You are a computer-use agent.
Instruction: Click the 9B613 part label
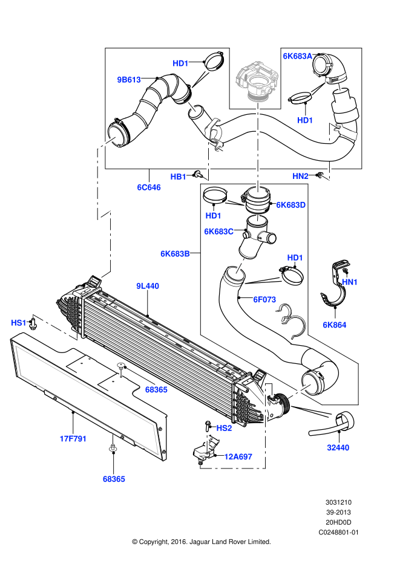coord(129,79)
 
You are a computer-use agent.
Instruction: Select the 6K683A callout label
coord(297,56)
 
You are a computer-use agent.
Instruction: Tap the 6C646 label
coord(148,187)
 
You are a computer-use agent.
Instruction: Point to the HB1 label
coord(179,177)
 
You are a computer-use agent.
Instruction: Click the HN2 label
coord(301,176)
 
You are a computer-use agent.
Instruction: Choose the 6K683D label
coord(290,205)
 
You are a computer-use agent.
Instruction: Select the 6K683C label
coord(218,232)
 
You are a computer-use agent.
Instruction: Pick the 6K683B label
coord(176,254)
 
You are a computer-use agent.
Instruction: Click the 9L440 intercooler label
coord(147,286)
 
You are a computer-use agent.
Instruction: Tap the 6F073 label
coord(264,299)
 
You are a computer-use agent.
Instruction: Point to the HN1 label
coord(350,282)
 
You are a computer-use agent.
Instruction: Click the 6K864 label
coord(334,325)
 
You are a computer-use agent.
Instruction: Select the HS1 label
coord(19,323)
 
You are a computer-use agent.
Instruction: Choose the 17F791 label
coord(73,439)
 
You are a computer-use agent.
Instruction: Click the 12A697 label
coord(238,456)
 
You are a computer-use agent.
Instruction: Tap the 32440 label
coord(338,448)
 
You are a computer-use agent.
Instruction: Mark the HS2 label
coord(224,428)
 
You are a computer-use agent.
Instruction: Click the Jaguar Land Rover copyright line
coord(201,542)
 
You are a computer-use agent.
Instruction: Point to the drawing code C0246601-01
coord(339,533)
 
